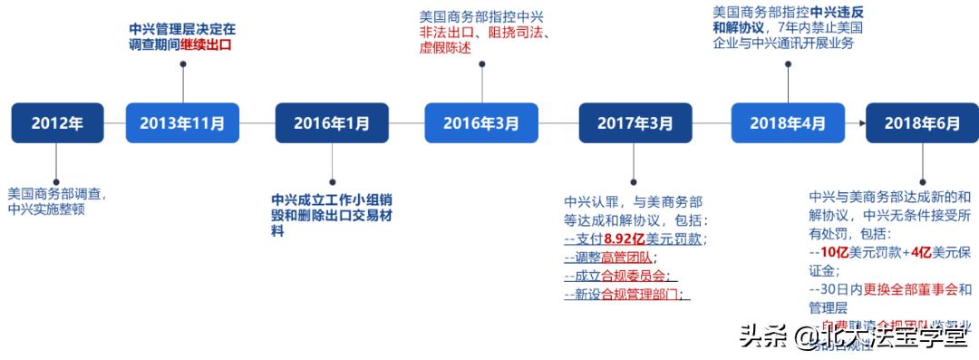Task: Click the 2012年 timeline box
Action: tap(57, 122)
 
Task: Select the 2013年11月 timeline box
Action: tap(182, 122)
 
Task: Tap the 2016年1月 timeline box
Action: tap(332, 122)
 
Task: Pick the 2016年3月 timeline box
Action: tap(481, 122)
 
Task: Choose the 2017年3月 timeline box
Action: tap(635, 122)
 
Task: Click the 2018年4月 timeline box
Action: tap(788, 122)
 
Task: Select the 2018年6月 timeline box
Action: tap(922, 122)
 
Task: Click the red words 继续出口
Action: tap(207, 44)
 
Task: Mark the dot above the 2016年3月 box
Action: tap(481, 64)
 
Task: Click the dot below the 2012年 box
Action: tap(57, 180)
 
